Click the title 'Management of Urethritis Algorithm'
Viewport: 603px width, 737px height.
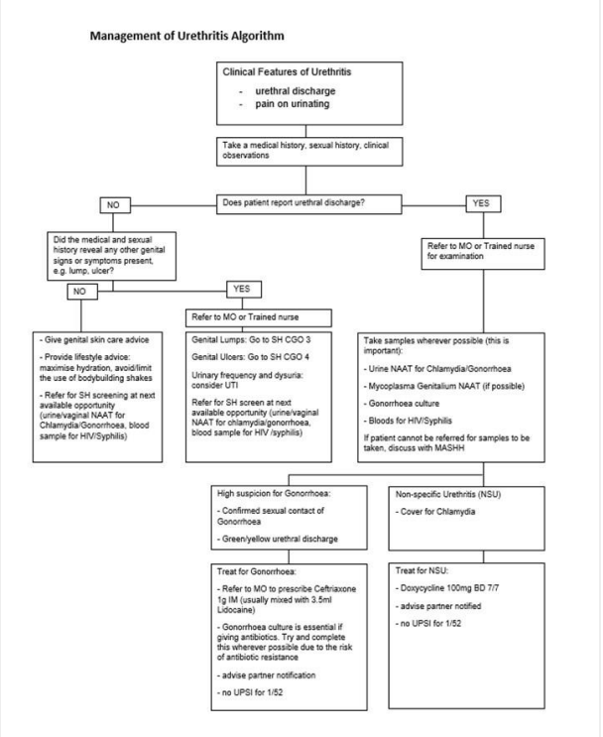(x=187, y=37)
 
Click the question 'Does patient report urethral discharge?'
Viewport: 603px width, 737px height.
(x=293, y=203)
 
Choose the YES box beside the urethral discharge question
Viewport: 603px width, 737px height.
(x=481, y=203)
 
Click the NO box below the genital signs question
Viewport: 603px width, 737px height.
(x=77, y=292)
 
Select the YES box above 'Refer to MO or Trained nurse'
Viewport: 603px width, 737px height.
(x=241, y=289)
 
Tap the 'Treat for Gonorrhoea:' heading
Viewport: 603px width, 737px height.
(x=254, y=573)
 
